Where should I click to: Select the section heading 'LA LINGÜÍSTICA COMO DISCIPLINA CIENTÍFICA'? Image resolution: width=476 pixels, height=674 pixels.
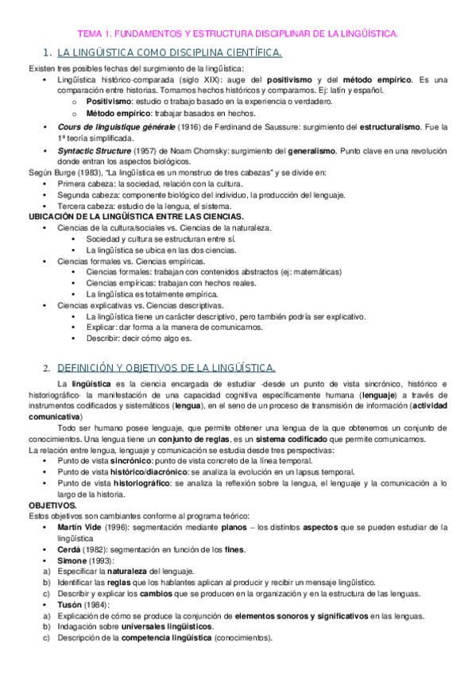(x=169, y=53)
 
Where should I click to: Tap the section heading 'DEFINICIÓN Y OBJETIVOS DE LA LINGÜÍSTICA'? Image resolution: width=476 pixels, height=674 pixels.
(x=167, y=367)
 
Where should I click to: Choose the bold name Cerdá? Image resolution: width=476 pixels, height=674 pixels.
(x=71, y=549)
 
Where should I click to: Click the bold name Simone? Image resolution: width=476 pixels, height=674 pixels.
(x=74, y=560)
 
